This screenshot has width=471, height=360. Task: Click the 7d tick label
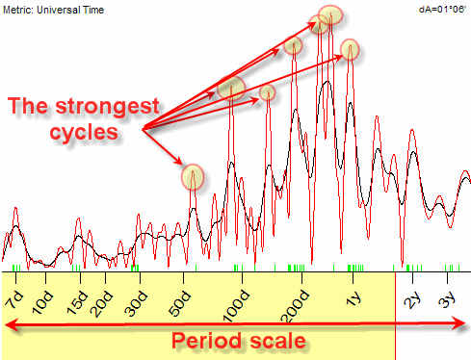tap(14, 299)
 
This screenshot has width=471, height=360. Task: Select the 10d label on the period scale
tap(42, 302)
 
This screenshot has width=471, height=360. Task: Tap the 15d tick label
tap(77, 302)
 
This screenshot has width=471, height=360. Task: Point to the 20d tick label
tap(102, 304)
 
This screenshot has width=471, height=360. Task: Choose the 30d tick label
tap(136, 304)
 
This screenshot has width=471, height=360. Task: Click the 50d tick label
tap(180, 304)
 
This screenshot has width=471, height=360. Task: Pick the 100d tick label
tap(236, 306)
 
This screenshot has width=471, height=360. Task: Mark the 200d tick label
tap(295, 306)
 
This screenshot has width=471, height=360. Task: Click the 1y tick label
tap(353, 299)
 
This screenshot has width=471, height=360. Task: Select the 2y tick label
tap(412, 300)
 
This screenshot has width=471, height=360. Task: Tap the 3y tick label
tap(447, 299)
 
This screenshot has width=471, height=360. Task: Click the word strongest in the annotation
tap(107, 107)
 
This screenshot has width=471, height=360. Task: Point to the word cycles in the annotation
tap(84, 132)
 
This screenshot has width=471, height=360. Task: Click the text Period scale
tap(239, 341)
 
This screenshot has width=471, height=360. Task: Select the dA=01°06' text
tap(442, 10)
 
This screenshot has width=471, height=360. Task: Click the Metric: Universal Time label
tap(53, 10)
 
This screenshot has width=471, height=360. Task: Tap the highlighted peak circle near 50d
tap(193, 177)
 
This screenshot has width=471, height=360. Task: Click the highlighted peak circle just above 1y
tap(350, 49)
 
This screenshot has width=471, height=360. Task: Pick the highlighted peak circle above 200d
tap(293, 45)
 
